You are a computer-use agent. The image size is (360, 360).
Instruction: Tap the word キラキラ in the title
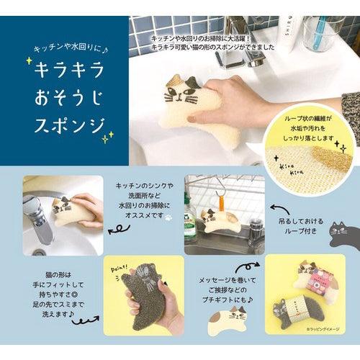tap(67, 70)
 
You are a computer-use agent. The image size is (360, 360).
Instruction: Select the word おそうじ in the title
tap(66, 98)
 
